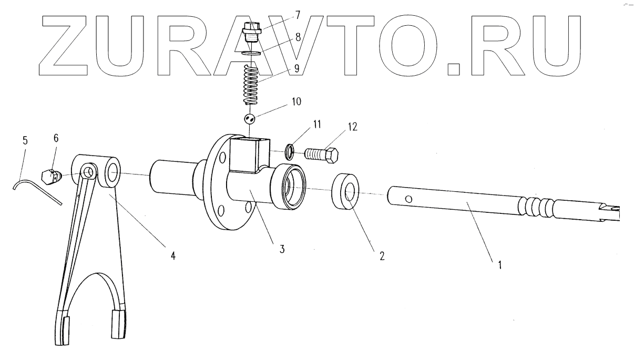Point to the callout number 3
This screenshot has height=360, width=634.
click(x=282, y=249)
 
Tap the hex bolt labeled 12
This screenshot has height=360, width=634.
click(x=322, y=154)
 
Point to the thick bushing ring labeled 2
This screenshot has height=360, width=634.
click(x=345, y=192)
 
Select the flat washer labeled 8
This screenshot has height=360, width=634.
click(x=252, y=53)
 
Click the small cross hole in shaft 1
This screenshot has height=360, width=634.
click(x=409, y=199)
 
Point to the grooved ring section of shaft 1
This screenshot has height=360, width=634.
click(x=535, y=207)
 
